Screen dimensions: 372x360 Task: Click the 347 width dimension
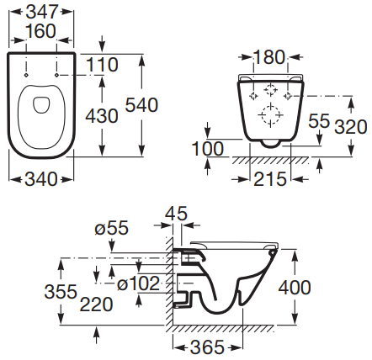[41, 12]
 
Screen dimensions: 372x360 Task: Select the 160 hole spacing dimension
[41, 31]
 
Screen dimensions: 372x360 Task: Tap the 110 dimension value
[102, 65]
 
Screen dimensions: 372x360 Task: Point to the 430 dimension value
[102, 116]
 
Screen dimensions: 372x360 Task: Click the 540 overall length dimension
[141, 105]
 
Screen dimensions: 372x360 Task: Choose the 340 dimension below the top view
[41, 179]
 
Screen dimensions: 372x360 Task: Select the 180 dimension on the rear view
[269, 57]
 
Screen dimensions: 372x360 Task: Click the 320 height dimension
[351, 127]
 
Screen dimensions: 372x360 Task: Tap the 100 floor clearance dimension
[208, 148]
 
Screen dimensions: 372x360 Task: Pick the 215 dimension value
[270, 179]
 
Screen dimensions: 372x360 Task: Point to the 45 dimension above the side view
[176, 214]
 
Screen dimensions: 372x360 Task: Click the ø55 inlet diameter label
[111, 227]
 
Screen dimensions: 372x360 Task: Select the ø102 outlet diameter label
[138, 283]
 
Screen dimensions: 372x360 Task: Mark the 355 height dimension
[61, 291]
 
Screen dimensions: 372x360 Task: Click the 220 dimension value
[96, 304]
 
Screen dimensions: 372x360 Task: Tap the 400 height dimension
[295, 288]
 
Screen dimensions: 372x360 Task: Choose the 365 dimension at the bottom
[207, 347]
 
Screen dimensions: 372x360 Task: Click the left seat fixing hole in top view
[26, 75]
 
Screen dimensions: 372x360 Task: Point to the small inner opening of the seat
[41, 105]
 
